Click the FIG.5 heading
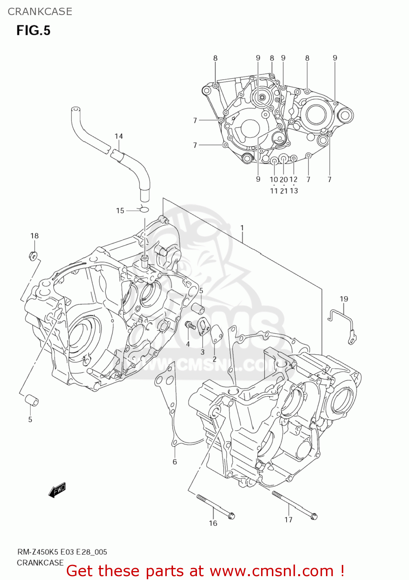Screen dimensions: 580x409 point(33,31)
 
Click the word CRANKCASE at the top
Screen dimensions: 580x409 point(40,12)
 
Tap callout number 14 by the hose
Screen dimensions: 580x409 point(119,136)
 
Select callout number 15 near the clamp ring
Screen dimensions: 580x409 point(120,211)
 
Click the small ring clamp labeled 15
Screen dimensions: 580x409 point(144,210)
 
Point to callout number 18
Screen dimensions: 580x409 point(34,236)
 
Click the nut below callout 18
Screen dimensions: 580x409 point(33,255)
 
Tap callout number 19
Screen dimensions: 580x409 point(344,299)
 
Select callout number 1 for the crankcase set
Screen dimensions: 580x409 point(242,228)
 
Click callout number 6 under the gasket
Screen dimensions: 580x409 point(175,462)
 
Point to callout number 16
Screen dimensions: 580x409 point(213,523)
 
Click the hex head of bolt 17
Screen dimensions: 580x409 point(314,516)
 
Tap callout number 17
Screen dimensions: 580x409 point(289,520)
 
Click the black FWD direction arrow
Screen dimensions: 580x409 point(57,490)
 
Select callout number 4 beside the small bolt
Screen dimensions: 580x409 point(188,344)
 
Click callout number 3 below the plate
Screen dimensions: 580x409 point(202,352)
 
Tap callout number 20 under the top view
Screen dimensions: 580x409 point(284,179)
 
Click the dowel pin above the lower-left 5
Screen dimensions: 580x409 point(32,401)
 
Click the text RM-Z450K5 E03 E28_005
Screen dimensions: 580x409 point(62,552)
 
